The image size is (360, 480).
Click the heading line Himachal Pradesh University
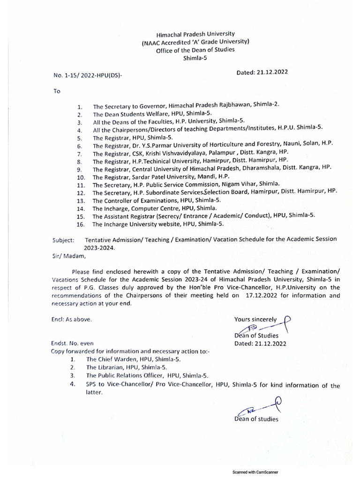click(x=195, y=35)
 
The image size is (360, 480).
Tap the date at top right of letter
click(x=262, y=72)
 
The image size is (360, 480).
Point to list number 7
click(x=80, y=154)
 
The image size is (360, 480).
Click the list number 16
click(x=81, y=225)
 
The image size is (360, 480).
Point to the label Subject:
click(x=63, y=240)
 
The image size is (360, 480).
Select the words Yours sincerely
click(x=255, y=319)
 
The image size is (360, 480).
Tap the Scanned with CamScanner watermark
click(x=262, y=472)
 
